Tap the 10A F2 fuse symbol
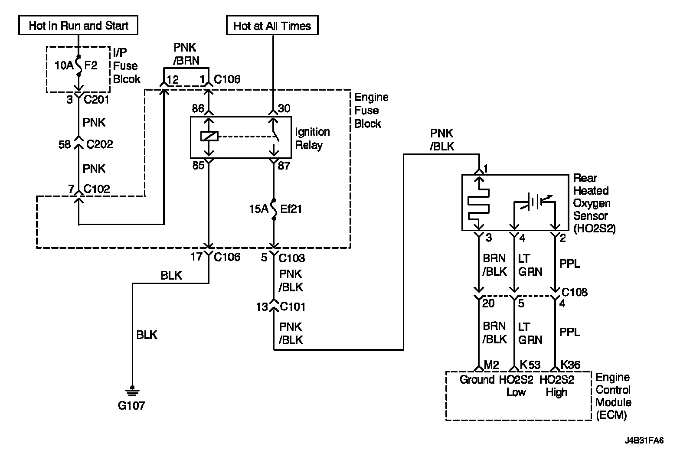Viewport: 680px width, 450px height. (78, 65)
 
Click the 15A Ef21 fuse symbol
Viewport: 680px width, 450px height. (274, 209)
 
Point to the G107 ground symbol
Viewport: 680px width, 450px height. (132, 391)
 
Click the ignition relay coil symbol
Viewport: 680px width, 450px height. (209, 136)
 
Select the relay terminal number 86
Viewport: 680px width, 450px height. (198, 108)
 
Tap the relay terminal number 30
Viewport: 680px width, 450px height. (284, 108)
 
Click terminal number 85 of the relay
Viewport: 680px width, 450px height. (199, 165)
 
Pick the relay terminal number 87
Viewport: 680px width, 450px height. (284, 166)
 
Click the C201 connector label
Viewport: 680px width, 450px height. (96, 100)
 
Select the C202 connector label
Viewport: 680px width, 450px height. (100, 144)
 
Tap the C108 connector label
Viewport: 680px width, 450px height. (575, 292)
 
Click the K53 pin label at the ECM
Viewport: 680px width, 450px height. (530, 365)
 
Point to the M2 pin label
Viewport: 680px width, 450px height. (491, 365)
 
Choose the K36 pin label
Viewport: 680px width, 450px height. (570, 365)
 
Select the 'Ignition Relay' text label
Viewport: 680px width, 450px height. (312, 138)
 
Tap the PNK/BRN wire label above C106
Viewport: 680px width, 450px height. (186, 54)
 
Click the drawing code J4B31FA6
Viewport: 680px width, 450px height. (644, 440)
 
